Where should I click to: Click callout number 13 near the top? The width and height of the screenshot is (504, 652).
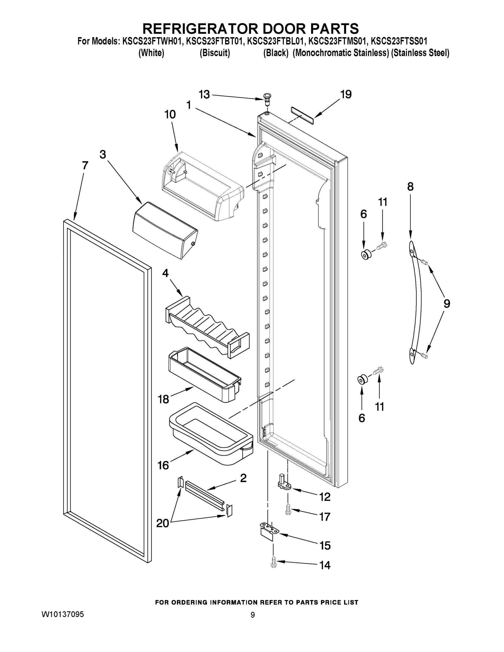pos(204,95)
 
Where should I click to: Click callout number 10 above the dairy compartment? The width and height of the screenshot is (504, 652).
pos(170,114)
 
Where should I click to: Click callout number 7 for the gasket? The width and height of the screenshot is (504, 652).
pos(85,165)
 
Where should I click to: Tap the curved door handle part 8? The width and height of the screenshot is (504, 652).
pos(417,302)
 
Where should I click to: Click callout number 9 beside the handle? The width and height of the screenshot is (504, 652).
pos(446,304)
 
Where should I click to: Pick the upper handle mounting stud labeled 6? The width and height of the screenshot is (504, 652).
pos(366,255)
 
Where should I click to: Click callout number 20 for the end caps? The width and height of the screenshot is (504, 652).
pos(163,523)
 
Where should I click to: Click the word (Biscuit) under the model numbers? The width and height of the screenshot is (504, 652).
pos(215,53)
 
